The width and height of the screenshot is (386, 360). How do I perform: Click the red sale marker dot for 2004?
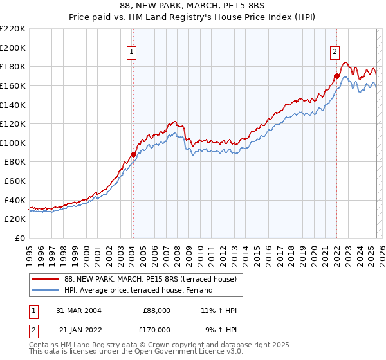(x=133, y=154)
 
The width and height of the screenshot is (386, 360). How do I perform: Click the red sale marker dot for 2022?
(x=336, y=76)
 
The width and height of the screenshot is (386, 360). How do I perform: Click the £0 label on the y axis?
(x=19, y=239)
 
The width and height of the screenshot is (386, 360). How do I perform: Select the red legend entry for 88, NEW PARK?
(x=151, y=279)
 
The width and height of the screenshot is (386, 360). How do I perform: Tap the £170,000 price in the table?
(x=156, y=329)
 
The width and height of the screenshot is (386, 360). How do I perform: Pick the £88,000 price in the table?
(x=156, y=310)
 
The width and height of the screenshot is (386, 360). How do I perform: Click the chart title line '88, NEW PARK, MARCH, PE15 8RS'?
(x=194, y=4)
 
